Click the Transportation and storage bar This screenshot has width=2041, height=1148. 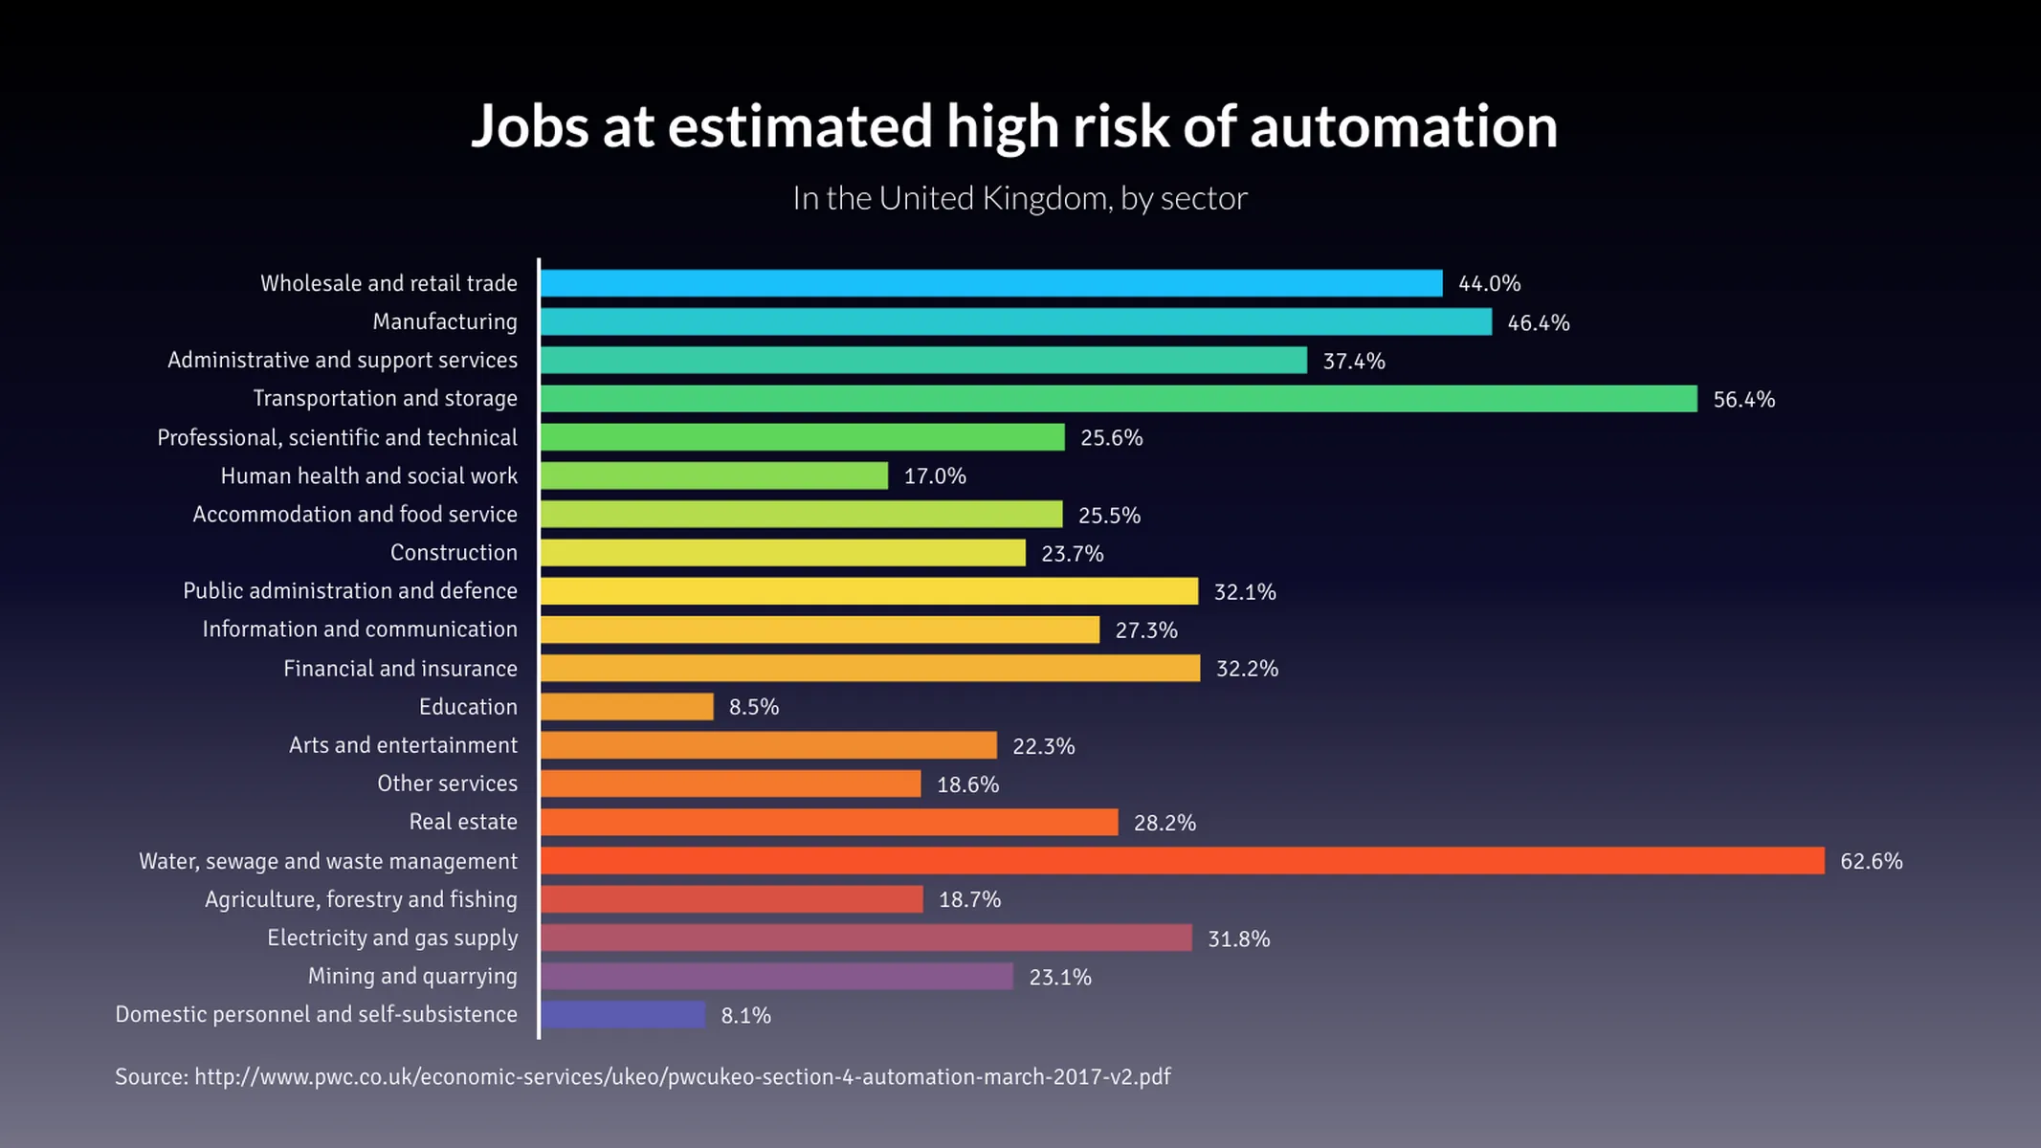coord(1118,399)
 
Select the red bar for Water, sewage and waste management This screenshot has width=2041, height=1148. coord(1182,861)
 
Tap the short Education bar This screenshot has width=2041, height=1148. coord(627,707)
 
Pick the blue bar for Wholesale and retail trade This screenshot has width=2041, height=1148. coord(990,283)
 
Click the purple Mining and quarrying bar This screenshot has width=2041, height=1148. coord(776,977)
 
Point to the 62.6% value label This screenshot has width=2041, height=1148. coord(1871,861)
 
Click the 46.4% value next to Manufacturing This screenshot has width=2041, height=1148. coord(1538,322)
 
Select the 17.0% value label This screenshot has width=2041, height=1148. coord(935,476)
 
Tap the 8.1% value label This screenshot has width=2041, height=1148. coord(745,1016)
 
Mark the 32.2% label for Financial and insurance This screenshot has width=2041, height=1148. coord(1247,669)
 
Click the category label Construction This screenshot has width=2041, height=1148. coord(454,553)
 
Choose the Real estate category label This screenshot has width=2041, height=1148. coord(463,822)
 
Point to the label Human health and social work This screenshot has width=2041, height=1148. coord(368,476)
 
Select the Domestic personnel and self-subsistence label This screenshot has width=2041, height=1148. coord(316,1014)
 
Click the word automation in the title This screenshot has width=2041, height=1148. coord(1403,126)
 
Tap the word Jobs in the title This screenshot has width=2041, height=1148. coord(529,126)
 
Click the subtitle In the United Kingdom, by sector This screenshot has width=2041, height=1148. coord(1019,198)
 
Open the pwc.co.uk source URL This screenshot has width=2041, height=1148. coord(681,1077)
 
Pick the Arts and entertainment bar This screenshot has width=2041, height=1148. coord(768,745)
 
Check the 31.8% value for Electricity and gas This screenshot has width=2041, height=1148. coord(1238,938)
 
